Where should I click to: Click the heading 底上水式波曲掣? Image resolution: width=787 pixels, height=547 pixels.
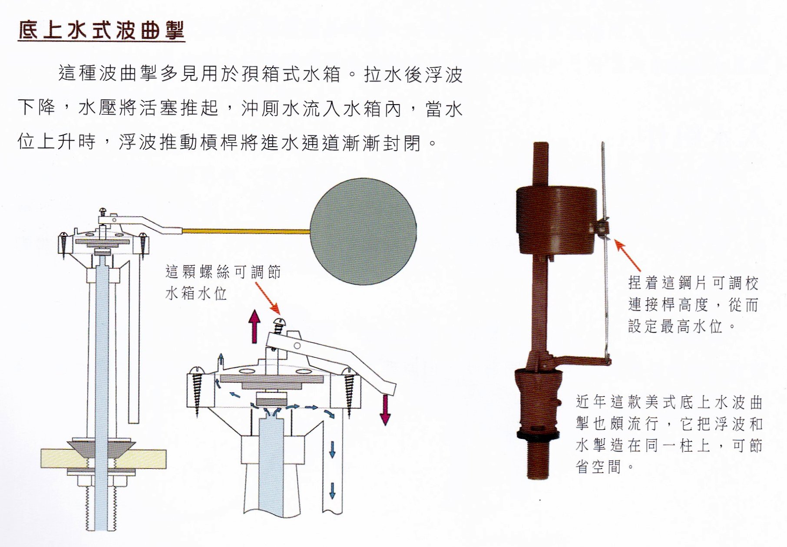point(101,30)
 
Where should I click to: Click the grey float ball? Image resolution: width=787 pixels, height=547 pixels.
point(363,231)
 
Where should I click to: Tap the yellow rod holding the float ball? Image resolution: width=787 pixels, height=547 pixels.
point(246,231)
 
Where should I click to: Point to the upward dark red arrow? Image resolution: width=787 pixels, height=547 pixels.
point(254,327)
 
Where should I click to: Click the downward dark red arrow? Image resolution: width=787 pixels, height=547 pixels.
point(385,409)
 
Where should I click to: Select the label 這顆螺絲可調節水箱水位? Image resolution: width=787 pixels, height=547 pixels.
point(223,283)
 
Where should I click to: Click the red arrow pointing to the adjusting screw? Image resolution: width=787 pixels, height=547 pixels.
point(268,298)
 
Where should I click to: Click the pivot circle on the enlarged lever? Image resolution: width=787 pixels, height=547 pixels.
point(297,346)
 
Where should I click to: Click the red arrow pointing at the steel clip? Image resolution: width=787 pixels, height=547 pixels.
point(627,256)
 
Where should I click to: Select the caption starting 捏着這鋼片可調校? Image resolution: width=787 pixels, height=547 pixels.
point(693,304)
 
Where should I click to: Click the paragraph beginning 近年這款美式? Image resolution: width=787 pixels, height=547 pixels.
point(669,434)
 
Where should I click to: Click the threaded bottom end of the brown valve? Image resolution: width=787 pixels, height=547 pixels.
point(539,460)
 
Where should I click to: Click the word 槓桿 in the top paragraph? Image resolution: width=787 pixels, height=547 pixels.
point(221,142)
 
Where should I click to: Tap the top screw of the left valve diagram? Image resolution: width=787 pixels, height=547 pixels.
point(103,212)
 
